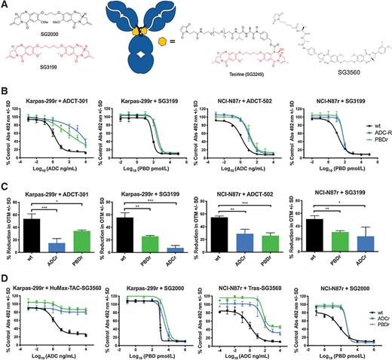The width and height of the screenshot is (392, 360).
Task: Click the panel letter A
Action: pos(6,6)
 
